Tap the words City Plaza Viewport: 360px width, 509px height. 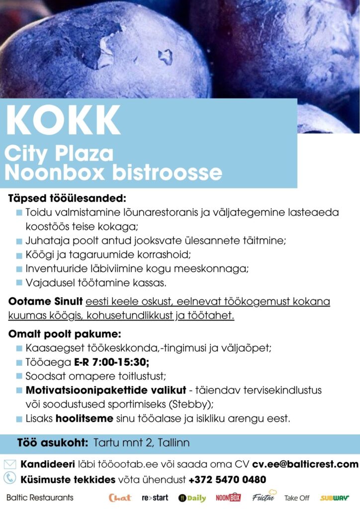tap(59, 154)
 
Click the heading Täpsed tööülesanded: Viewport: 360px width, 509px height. tap(67, 198)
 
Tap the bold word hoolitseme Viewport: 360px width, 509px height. tap(84, 419)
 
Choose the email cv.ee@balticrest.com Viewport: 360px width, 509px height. tap(305, 465)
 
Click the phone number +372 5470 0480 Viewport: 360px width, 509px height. tap(227, 480)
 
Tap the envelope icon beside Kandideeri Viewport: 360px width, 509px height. tap(10, 465)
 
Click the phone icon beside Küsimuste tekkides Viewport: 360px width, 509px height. tap(10, 479)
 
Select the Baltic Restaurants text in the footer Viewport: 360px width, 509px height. tap(40, 498)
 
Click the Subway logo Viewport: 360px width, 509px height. tap(334, 498)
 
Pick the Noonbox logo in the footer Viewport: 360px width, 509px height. tap(228, 498)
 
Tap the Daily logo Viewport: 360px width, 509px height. tap(192, 498)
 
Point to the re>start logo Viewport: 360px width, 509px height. tap(155, 498)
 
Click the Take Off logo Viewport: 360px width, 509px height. tap(297, 498)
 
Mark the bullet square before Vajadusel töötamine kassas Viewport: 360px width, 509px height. tap(19, 283)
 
